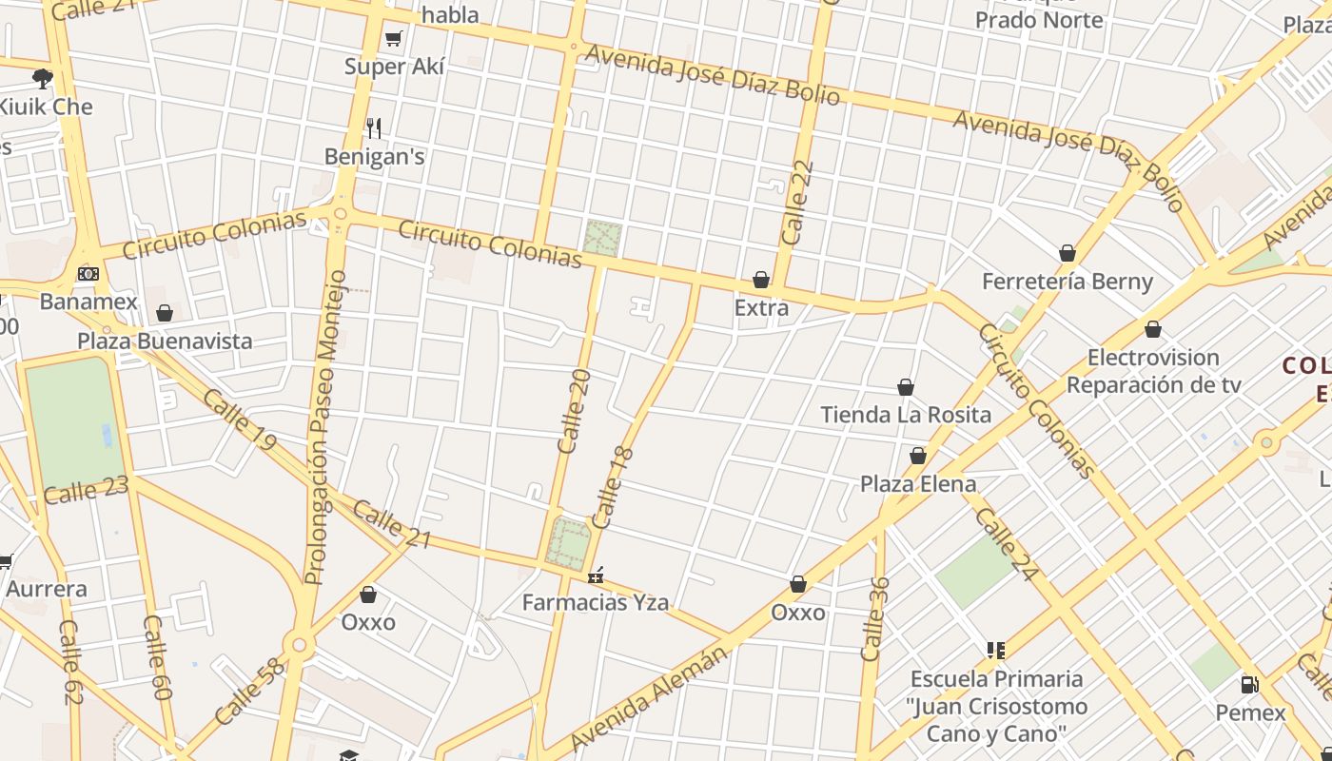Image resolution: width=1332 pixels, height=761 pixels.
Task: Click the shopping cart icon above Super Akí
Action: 393,38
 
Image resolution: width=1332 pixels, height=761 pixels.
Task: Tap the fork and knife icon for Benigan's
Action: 374,127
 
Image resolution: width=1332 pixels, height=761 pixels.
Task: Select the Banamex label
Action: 88,302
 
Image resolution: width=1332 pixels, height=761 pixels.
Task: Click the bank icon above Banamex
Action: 88,274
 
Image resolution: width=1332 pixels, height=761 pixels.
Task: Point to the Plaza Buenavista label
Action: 165,341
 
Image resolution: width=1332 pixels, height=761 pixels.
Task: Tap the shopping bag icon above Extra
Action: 761,280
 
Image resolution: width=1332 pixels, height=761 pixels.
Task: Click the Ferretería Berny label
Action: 1068,282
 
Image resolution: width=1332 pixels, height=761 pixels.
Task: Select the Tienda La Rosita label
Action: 906,415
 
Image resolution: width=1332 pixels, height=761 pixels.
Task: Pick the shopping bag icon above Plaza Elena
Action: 918,456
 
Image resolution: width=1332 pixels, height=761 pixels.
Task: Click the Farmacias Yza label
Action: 596,602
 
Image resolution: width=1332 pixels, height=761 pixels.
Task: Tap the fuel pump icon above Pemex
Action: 1250,684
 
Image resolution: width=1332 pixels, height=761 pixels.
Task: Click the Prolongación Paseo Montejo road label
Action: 326,428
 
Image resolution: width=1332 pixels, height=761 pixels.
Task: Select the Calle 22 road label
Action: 797,202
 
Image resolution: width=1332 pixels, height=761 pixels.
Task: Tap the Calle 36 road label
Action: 873,618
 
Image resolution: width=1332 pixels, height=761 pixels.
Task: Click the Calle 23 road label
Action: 86,491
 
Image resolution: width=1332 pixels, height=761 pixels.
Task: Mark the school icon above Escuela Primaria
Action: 996,651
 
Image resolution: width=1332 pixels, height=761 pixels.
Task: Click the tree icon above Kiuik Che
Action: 42,78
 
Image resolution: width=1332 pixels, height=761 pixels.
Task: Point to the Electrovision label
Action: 1153,358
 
